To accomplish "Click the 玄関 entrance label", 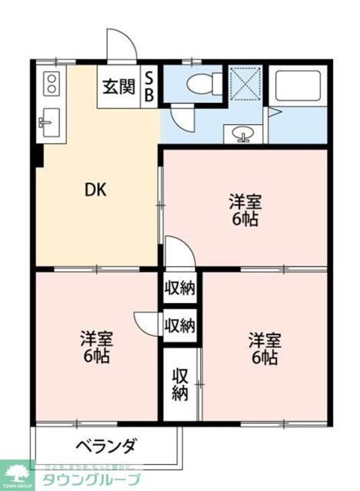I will (x=118, y=87).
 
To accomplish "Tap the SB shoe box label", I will (x=150, y=87).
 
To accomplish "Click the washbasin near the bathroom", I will (x=243, y=134).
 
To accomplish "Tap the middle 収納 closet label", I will (x=180, y=326).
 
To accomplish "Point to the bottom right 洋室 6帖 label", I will (x=265, y=348).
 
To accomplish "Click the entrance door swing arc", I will (x=120, y=43).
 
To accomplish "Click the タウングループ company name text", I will (x=91, y=479).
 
